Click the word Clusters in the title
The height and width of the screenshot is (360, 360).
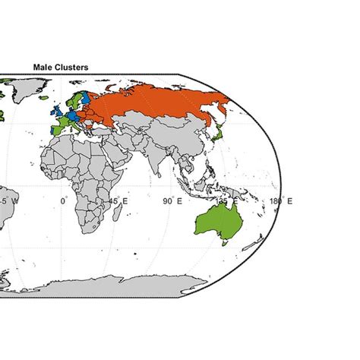[71, 68]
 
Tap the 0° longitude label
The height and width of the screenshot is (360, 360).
[64, 201]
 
